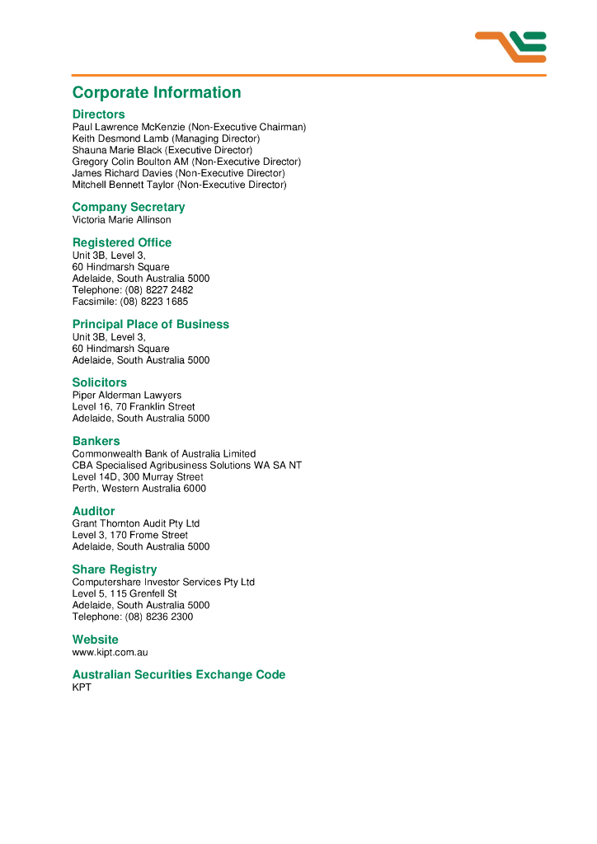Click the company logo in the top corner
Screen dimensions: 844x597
[x=510, y=46]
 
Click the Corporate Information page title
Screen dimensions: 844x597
[x=157, y=92]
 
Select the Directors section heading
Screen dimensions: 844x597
[x=99, y=114]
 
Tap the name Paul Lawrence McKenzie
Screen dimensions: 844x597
[x=129, y=127]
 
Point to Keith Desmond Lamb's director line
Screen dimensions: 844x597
[x=166, y=138]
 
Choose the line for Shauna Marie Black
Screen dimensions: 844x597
[x=162, y=150]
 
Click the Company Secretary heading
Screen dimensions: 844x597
[x=129, y=207]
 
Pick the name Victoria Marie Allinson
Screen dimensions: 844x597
[x=122, y=220]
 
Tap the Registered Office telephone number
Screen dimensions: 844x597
[x=159, y=290]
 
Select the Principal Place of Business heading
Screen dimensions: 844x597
[x=151, y=324]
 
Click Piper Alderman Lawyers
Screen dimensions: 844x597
[x=127, y=395]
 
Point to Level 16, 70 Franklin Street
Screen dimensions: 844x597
[x=134, y=406]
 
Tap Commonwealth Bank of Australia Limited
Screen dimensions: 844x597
[x=164, y=453]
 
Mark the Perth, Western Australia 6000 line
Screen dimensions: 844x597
[x=139, y=488]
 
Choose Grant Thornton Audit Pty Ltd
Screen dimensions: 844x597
[x=136, y=523]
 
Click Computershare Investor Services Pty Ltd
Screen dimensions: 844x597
[x=163, y=582]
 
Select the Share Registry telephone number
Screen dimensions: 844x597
[x=159, y=617]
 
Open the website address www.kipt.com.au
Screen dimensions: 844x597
[x=110, y=652]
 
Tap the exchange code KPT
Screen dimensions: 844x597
[x=82, y=687]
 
